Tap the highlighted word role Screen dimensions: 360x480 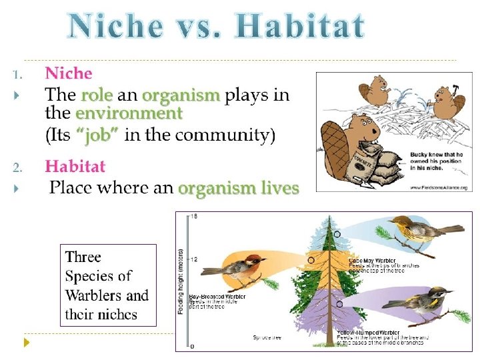(x=97, y=95)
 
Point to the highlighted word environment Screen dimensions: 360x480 (x=129, y=113)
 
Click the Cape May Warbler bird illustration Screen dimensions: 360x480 (x=421, y=229)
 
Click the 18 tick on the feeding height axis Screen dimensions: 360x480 (x=194, y=216)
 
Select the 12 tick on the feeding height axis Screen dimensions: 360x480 (x=194, y=259)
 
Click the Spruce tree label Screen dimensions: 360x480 (x=267, y=337)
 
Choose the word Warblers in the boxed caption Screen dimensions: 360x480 (x=93, y=295)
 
